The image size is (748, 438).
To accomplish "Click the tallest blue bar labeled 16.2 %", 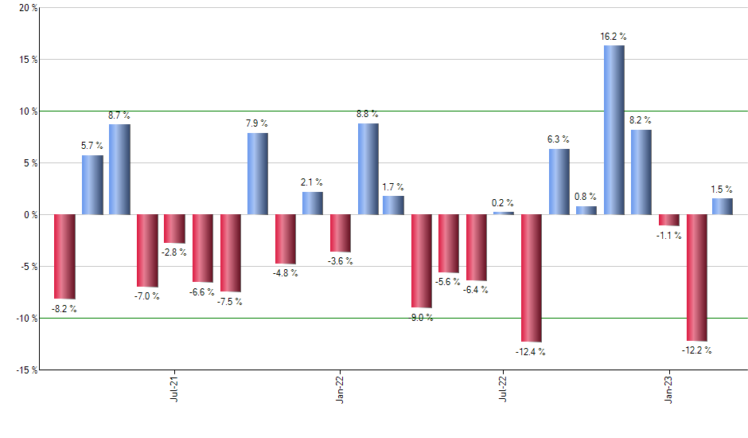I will coord(614,130).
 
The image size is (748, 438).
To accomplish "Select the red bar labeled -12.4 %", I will coord(531,278).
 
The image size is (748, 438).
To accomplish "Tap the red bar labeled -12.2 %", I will coord(696,277).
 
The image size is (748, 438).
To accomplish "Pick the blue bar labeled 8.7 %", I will coord(119,169).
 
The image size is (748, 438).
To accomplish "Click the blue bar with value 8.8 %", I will coord(368,169).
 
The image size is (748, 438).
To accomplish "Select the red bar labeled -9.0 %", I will coord(421,260).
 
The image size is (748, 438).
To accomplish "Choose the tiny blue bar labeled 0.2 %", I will coord(504,213).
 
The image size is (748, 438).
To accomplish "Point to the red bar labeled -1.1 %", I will coord(668,220).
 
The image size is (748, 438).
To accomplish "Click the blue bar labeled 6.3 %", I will coord(559,182).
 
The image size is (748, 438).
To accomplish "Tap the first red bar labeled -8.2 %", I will coord(64,256).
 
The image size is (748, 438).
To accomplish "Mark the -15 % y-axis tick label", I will coord(25,370).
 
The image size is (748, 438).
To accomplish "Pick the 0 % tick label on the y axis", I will coord(30,215).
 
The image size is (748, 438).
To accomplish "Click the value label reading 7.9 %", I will coord(256,123).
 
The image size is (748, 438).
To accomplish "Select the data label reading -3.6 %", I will coord(341,261).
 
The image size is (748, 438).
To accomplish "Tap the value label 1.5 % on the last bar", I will coord(723,189).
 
